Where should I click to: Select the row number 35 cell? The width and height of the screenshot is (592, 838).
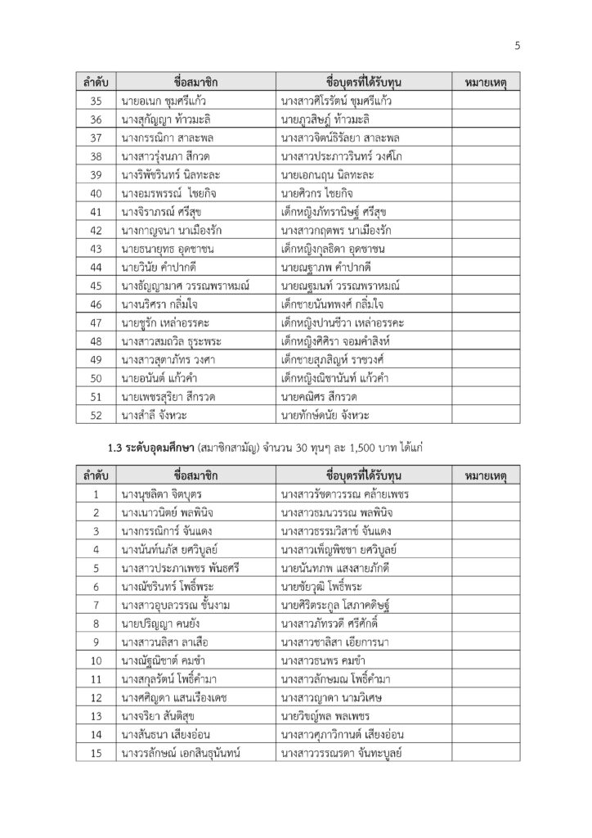point(96,101)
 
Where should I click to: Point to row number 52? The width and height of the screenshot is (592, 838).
point(96,415)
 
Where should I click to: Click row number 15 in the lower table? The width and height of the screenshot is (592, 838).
point(96,754)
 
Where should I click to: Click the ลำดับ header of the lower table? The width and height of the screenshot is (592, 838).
point(96,476)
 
